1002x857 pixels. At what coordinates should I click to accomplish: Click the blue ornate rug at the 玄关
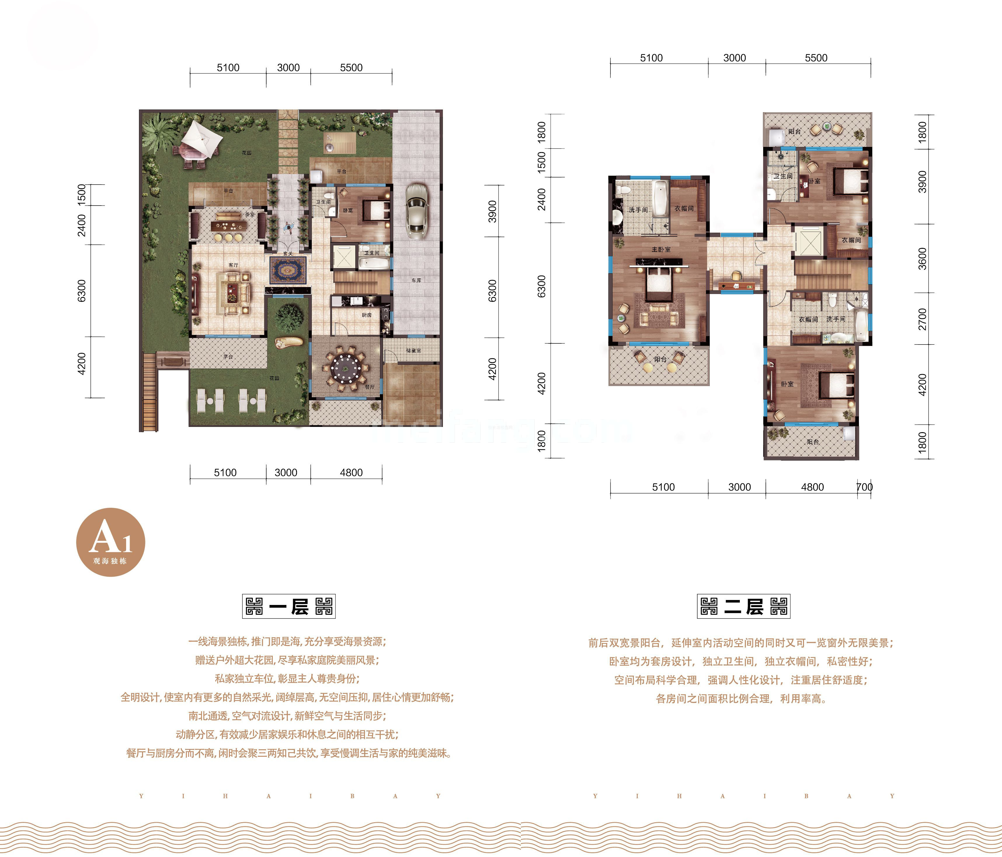click(x=288, y=270)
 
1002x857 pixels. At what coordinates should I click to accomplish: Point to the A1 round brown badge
click(x=111, y=542)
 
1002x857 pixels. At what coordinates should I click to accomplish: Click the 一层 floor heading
click(x=289, y=606)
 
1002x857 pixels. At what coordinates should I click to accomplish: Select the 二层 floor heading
click(x=743, y=606)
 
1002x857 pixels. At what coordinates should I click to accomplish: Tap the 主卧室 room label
click(x=661, y=250)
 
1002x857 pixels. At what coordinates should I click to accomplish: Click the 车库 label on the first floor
click(x=416, y=281)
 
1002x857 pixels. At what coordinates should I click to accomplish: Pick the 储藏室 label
click(x=413, y=351)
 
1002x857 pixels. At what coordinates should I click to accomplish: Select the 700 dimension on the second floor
click(x=864, y=487)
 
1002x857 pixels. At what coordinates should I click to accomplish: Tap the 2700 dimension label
click(x=922, y=319)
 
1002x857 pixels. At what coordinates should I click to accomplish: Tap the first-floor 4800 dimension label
click(x=351, y=472)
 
